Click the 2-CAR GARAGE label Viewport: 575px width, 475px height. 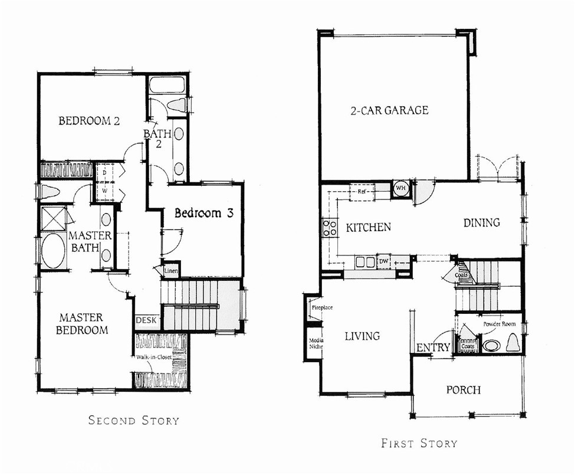(x=389, y=110)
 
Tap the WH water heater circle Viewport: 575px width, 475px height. (x=401, y=188)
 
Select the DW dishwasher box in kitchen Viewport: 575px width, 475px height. (x=383, y=261)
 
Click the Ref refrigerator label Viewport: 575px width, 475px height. (x=362, y=191)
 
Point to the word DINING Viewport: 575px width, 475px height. (x=481, y=222)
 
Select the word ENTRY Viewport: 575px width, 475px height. (x=433, y=348)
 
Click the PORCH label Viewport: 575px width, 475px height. (x=463, y=390)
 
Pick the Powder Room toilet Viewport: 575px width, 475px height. (x=512, y=343)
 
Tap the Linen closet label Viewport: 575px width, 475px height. (x=171, y=270)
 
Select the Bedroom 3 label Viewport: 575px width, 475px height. (x=203, y=213)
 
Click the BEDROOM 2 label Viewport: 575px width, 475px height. (x=90, y=122)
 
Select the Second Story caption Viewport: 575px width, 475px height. (x=133, y=421)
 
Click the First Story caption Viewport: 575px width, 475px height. (x=419, y=443)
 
